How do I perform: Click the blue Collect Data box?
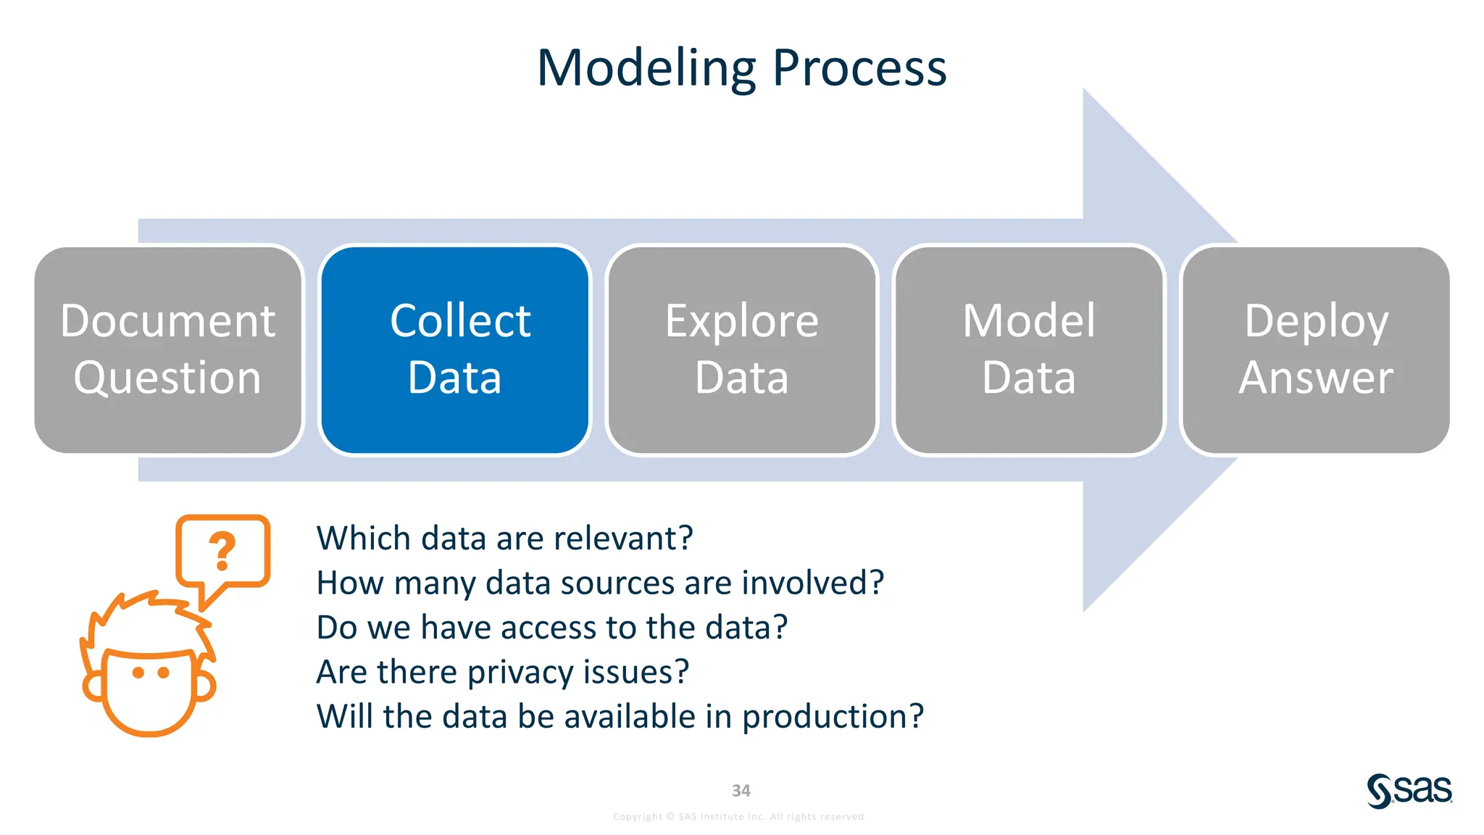tap(454, 350)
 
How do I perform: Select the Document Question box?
tap(167, 350)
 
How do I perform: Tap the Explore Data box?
tap(741, 350)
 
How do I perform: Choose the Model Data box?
tap(1028, 350)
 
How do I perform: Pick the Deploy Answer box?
tap(1315, 350)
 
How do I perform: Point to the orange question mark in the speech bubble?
tap(222, 551)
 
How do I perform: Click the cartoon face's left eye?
tap(138, 673)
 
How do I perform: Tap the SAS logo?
tap(1409, 790)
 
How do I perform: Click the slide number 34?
tap(741, 791)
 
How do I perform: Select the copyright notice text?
tap(740, 817)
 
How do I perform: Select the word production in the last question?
tap(833, 717)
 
